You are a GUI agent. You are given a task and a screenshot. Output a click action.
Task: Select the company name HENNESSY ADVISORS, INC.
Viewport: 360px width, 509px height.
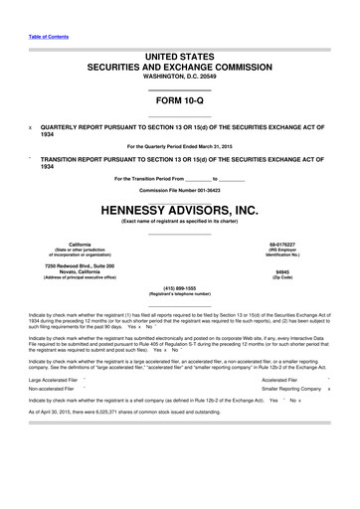[179, 210]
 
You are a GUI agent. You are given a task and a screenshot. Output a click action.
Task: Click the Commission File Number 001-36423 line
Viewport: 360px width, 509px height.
[179, 189]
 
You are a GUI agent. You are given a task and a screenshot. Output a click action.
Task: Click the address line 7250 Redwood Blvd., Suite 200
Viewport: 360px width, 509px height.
[80, 265]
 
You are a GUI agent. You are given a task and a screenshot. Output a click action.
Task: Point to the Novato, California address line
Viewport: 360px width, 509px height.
[80, 271]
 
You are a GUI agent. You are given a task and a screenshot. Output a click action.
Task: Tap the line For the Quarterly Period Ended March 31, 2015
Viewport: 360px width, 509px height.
[179, 146]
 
